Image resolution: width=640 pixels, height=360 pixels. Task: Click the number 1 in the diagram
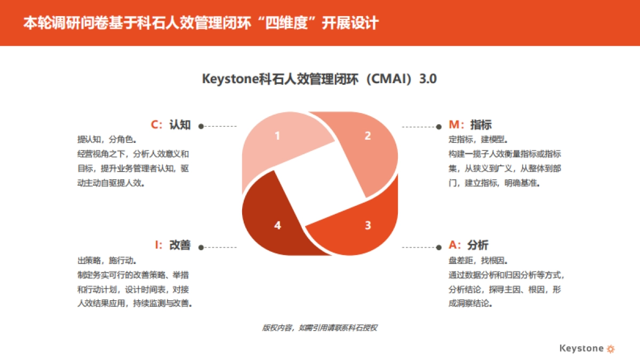(x=277, y=135)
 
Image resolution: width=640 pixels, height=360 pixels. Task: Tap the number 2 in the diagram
(x=367, y=135)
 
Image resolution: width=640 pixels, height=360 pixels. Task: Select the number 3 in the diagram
(x=367, y=225)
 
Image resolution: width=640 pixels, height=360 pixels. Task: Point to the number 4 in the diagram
(x=277, y=225)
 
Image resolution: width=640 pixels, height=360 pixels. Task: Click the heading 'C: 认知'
(x=171, y=125)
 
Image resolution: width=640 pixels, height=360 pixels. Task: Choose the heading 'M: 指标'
(x=470, y=125)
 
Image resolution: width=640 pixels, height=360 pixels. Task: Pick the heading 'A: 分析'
(x=469, y=245)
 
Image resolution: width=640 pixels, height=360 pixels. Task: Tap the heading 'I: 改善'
(x=172, y=245)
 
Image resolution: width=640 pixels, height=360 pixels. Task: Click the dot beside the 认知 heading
(x=201, y=126)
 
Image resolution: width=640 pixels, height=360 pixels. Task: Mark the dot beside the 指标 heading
(x=438, y=126)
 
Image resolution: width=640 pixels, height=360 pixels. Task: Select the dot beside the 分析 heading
(x=438, y=247)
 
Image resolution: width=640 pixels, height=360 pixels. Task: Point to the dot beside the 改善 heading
(x=201, y=247)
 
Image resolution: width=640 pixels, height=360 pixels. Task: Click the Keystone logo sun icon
(x=611, y=349)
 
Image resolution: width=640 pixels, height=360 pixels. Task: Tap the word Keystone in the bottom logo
(x=581, y=348)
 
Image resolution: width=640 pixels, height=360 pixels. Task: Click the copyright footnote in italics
(x=319, y=328)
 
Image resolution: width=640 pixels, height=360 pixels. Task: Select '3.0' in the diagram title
(x=428, y=79)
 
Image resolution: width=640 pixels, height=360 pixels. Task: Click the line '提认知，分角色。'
(x=107, y=140)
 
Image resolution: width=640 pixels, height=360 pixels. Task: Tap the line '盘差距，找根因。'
(x=478, y=261)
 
